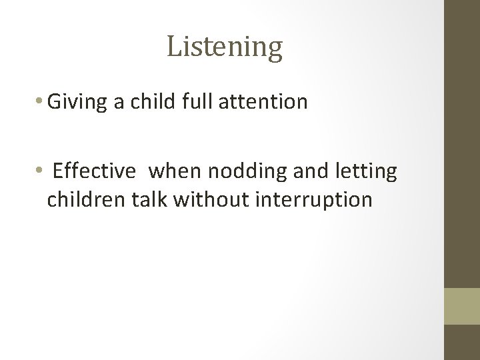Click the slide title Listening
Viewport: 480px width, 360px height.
pyautogui.click(x=225, y=47)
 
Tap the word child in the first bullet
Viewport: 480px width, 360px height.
pyautogui.click(x=147, y=102)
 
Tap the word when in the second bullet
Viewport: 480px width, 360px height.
pyautogui.click(x=174, y=171)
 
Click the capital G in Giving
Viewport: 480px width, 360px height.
pyautogui.click(x=56, y=102)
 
